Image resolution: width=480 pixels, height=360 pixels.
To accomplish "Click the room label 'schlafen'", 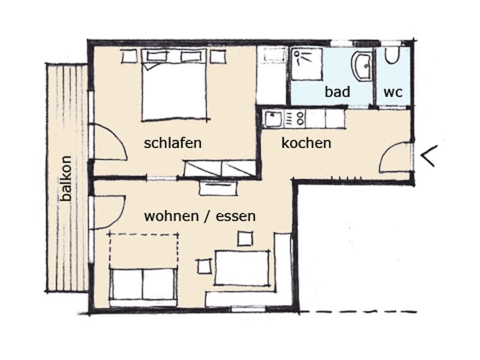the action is (x=173, y=143).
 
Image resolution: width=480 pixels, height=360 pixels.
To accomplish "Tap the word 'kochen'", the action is (x=306, y=143).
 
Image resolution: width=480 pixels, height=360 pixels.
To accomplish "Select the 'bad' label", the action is (x=337, y=92).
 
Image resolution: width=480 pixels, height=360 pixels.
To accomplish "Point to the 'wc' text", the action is (x=393, y=92).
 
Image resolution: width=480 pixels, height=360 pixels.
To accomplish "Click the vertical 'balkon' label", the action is (x=66, y=178).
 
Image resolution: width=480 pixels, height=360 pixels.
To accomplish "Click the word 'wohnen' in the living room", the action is (x=171, y=216).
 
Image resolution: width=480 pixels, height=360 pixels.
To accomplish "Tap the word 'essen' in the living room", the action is (x=236, y=216).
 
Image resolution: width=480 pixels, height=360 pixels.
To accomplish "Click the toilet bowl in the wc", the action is (x=392, y=55).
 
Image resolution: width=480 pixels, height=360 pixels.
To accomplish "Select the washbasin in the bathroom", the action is (x=362, y=66).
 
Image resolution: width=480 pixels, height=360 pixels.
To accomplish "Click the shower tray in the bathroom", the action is (x=307, y=64).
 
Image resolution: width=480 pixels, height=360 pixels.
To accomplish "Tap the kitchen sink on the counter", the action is (x=273, y=119).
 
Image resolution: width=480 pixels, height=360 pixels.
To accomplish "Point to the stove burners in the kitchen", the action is (x=295, y=119).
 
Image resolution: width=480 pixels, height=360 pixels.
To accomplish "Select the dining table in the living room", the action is (x=242, y=268).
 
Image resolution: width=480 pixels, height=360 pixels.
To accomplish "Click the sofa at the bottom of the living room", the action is (x=143, y=284).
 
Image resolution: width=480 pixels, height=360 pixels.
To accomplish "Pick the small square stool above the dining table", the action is (x=245, y=238).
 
